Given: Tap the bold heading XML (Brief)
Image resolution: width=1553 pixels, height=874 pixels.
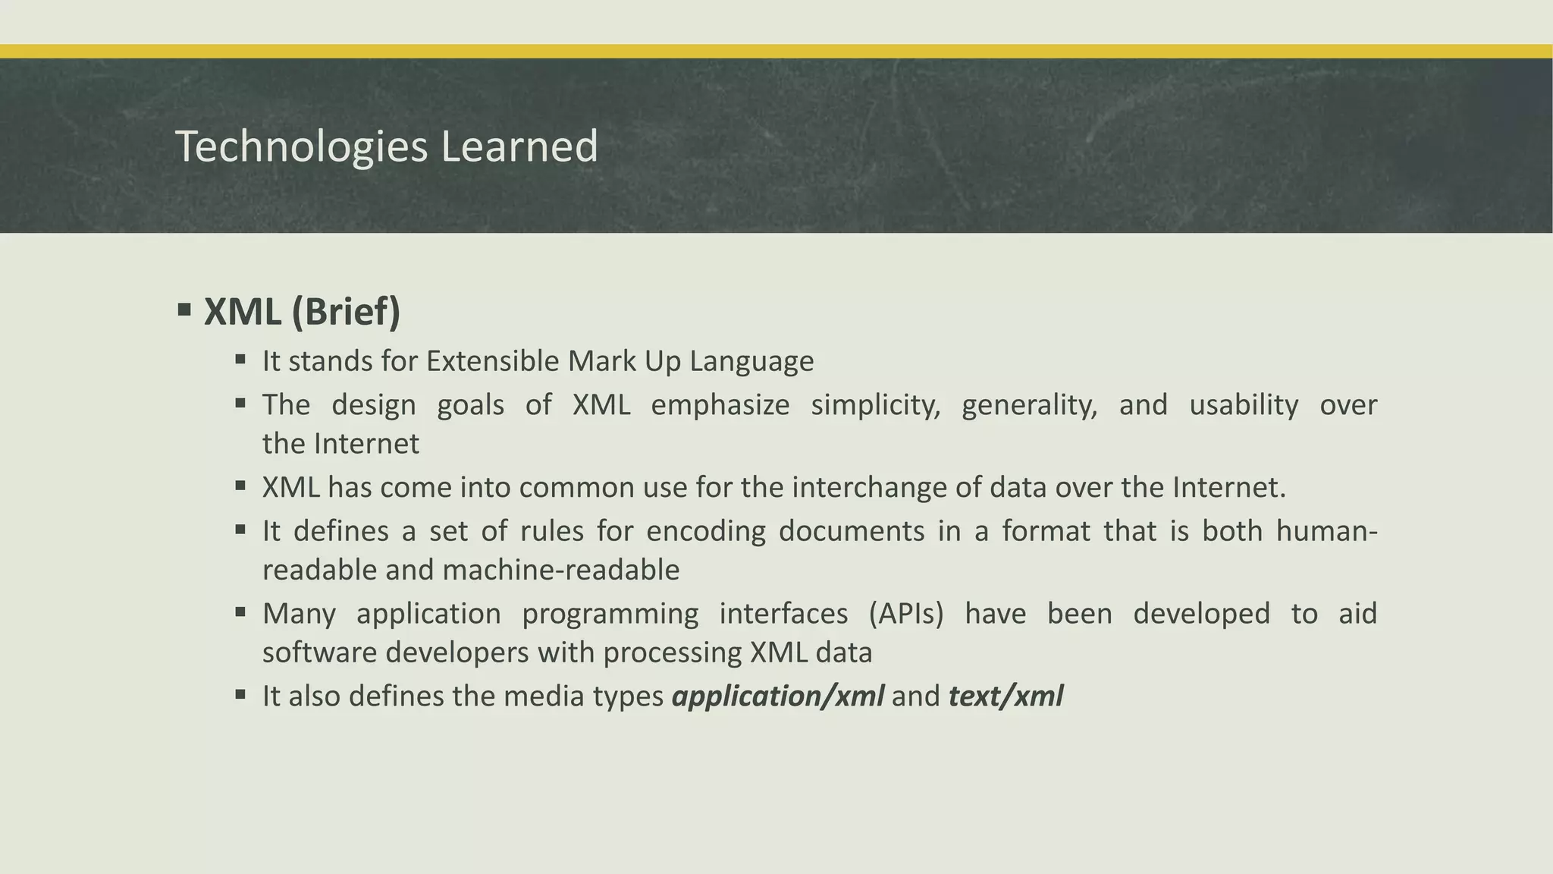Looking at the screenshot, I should click(302, 312).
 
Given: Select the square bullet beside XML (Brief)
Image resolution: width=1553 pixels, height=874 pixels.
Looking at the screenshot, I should click(184, 310).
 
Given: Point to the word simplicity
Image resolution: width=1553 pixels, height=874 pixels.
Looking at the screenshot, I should click(875, 405).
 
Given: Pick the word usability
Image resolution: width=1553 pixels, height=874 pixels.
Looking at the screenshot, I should click(1244, 405).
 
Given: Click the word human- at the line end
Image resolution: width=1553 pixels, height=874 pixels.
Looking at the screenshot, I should click(1326, 531).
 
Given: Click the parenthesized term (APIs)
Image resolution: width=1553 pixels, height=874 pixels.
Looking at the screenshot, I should click(906, 614).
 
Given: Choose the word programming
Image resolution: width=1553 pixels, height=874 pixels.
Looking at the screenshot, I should click(610, 614).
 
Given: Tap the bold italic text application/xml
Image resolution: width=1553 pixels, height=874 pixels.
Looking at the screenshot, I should click(778, 696).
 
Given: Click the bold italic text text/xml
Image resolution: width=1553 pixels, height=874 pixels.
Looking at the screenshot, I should click(1006, 696).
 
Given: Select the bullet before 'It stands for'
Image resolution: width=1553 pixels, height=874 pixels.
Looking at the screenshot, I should click(240, 359).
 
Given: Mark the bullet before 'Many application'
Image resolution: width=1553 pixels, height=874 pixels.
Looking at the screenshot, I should click(240, 611).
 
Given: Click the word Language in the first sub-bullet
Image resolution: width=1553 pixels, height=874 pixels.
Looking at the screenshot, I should click(751, 361).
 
